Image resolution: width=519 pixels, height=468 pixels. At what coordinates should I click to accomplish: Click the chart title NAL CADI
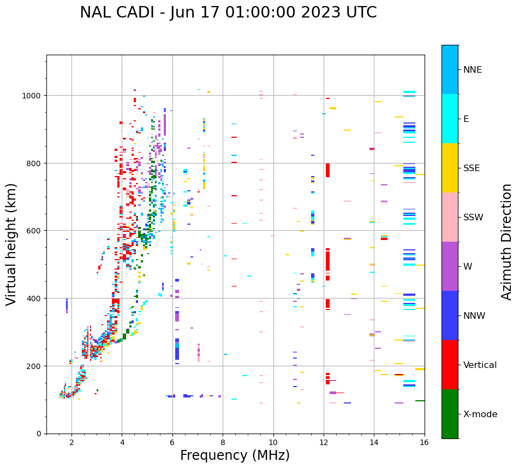228,13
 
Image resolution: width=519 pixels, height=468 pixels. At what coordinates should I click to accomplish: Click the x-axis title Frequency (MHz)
235,455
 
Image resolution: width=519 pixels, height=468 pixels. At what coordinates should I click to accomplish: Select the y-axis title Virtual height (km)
11,244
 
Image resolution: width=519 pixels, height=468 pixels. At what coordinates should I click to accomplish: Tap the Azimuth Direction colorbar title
507,242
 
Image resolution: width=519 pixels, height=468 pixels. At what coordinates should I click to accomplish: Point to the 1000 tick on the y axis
34,96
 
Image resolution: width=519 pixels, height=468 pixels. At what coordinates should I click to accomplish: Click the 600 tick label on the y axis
37,231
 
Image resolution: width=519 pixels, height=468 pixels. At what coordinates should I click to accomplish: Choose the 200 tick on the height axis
37,366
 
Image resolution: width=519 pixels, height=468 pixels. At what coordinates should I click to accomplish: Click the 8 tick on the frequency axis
223,443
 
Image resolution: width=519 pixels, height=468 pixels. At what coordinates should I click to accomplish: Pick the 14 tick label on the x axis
374,443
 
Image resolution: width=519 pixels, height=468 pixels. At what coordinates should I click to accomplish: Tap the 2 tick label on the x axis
71,443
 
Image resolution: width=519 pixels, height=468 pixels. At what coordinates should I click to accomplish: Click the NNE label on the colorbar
473,69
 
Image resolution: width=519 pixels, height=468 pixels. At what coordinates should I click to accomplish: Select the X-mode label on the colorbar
480,414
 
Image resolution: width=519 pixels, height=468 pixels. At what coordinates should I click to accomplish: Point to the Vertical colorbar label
480,365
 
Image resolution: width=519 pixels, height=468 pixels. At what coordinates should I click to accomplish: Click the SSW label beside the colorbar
473,218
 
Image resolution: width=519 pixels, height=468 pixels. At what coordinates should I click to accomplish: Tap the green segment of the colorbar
450,414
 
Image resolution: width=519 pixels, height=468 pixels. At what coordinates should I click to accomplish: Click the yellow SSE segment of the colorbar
450,168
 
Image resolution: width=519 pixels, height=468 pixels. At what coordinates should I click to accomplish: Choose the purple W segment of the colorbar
450,266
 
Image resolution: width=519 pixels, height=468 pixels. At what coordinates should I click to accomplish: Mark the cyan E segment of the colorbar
450,119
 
